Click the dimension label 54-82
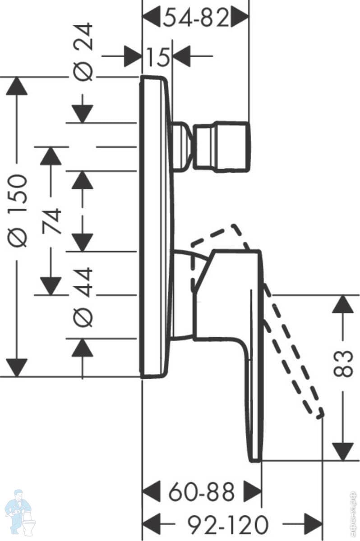point(196,18)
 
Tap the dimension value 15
point(157,57)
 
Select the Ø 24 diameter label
point(83,52)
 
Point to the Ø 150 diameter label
point(18,210)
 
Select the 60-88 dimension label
point(202,492)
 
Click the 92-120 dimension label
point(228,524)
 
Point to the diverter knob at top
point(222,147)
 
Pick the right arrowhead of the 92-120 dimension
point(314,524)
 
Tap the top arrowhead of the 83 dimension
point(343,304)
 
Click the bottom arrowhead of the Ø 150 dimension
point(17,367)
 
